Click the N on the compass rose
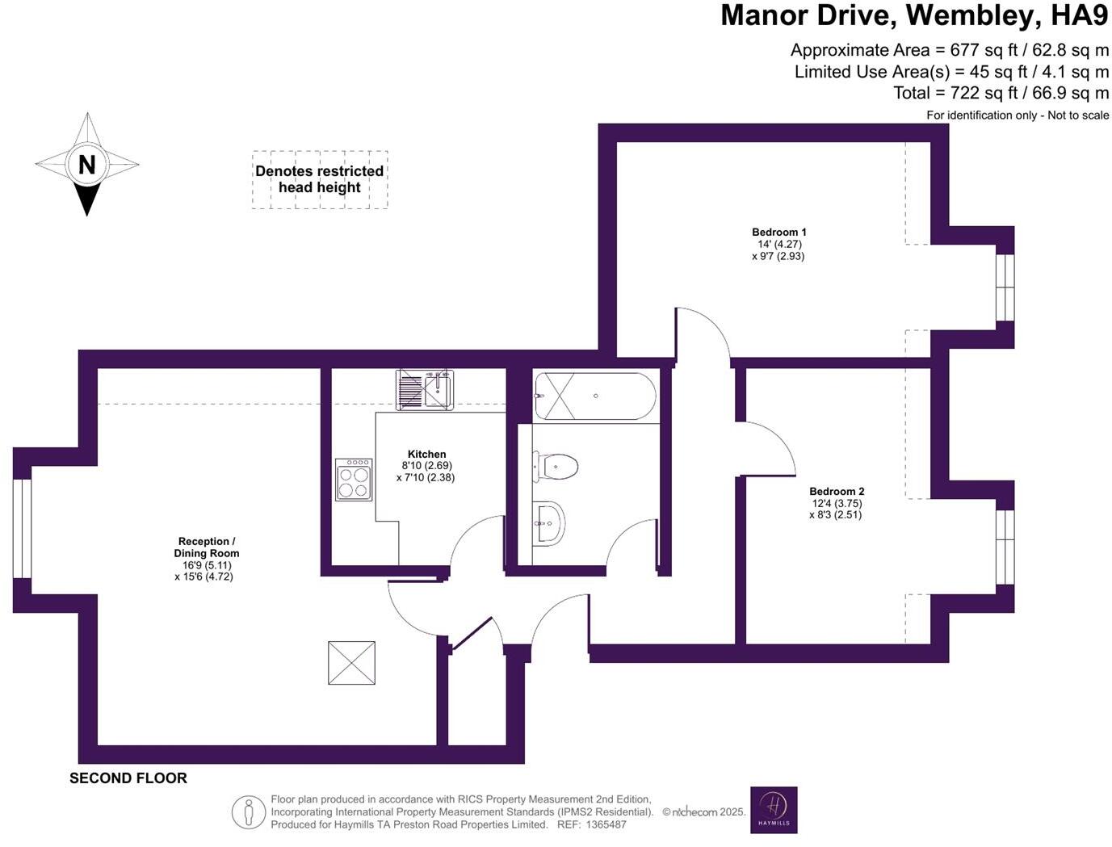(x=86, y=165)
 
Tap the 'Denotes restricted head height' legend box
(x=320, y=179)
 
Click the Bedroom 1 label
(x=778, y=233)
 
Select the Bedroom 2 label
(x=837, y=491)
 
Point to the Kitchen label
(x=426, y=454)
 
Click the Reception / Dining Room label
(x=206, y=547)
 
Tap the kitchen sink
(x=425, y=389)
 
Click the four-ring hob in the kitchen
(x=354, y=480)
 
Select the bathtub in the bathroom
(x=596, y=396)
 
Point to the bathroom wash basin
(x=549, y=523)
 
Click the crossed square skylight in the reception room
(x=351, y=663)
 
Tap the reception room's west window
(x=22, y=528)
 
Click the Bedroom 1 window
(x=1004, y=287)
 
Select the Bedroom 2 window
(x=1004, y=547)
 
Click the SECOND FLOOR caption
(x=128, y=778)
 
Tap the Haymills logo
(x=774, y=810)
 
